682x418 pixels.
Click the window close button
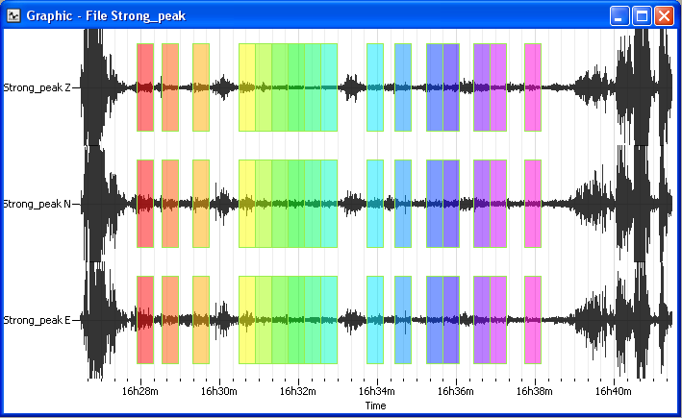[x=664, y=15]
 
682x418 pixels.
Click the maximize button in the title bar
[x=643, y=15]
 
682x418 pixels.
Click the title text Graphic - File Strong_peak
[x=106, y=15]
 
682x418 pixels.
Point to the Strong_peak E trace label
[x=37, y=319]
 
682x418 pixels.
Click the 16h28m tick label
[x=141, y=391]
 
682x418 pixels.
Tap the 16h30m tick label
[x=220, y=391]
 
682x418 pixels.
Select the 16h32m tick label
[x=299, y=391]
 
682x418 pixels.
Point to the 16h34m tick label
[x=377, y=391]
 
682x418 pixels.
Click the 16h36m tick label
[x=456, y=391]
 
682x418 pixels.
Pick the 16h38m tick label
[x=535, y=391]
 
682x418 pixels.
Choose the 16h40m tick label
[x=613, y=391]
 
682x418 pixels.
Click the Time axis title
[x=375, y=406]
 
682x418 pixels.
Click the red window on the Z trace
[x=145, y=87]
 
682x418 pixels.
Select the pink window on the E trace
[x=532, y=319]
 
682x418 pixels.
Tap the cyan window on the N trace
[x=374, y=204]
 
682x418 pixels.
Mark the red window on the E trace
[x=145, y=319]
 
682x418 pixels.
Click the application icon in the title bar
[x=13, y=15]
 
